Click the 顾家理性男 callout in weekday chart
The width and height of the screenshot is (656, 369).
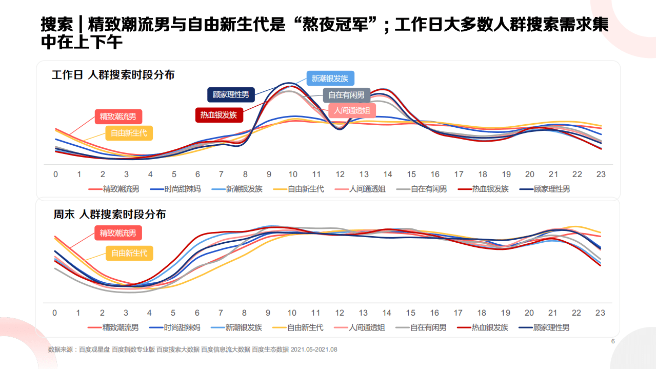231,94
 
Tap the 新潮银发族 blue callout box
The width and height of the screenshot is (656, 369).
330,79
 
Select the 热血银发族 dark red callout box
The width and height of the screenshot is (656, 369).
218,115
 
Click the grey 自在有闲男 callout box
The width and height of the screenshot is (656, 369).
346,95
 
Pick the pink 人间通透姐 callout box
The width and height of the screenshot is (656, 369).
352,110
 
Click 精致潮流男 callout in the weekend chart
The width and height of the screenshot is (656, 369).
118,233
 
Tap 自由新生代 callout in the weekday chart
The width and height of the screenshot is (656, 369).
129,133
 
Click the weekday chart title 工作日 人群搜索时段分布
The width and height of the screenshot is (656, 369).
113,75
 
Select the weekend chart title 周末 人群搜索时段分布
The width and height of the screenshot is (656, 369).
109,215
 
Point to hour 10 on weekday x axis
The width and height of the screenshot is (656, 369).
292,174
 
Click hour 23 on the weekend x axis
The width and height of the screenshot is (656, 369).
600,313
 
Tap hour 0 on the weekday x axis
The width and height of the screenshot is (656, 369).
55,174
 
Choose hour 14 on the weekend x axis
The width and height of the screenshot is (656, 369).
387,313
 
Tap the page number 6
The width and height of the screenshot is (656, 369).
612,341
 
